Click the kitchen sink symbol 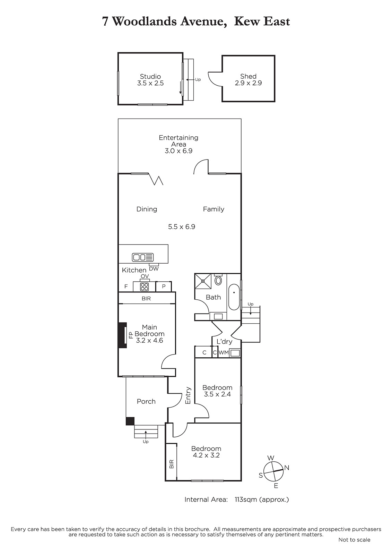[143, 257]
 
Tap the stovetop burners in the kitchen [145, 287]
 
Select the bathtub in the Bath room [234, 297]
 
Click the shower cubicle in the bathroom [203, 281]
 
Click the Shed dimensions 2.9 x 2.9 [248, 83]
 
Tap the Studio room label [150, 76]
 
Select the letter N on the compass [287, 467]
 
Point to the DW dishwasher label [154, 268]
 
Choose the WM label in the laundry [224, 352]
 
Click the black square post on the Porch [130, 421]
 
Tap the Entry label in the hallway [188, 395]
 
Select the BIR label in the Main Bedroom [146, 299]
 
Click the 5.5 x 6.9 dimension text [182, 227]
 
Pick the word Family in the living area [214, 210]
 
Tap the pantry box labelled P [164, 287]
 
